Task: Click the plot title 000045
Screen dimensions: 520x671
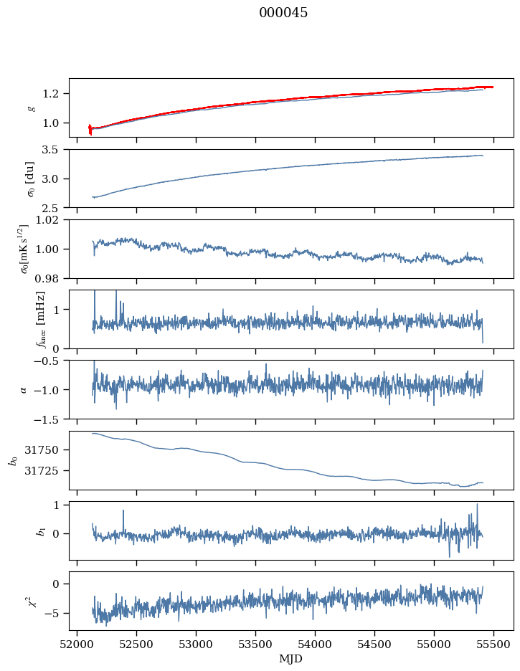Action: pos(283,12)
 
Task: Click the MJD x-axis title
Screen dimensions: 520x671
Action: pos(290,659)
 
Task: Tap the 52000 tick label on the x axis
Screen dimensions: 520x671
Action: pos(77,644)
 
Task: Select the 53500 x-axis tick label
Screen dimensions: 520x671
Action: pos(256,644)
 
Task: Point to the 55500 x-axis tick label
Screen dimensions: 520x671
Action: pos(493,644)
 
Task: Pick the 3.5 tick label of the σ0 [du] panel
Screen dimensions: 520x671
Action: pos(51,150)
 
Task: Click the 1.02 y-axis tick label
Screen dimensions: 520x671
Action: pos(48,220)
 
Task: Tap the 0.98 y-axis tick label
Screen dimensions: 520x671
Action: pos(48,279)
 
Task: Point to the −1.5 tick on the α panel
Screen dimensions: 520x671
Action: pos(48,419)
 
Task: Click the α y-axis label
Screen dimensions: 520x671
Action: pos(24,390)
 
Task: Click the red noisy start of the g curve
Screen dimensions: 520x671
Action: pos(90,129)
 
